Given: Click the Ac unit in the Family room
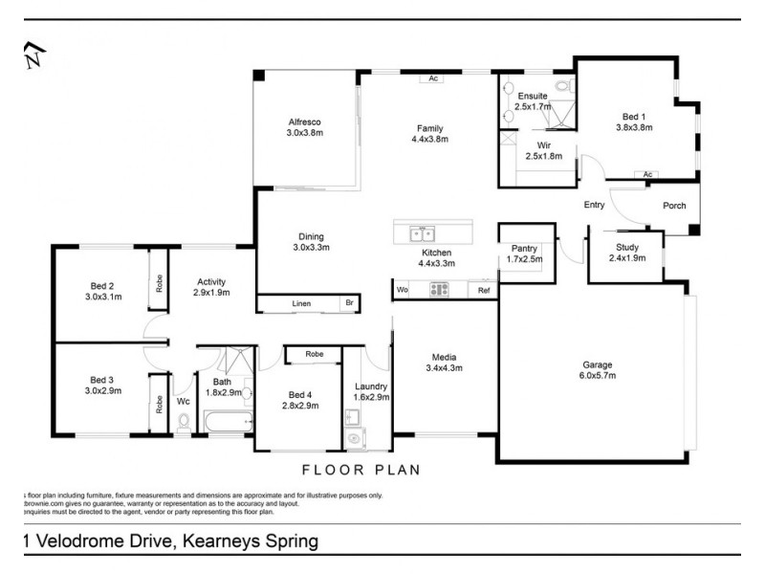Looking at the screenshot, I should click(433, 78).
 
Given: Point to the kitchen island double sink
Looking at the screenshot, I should click(421, 233).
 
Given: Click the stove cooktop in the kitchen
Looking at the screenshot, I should click(440, 289).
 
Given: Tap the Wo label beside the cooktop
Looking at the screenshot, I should click(403, 289).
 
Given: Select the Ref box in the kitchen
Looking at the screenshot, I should click(484, 289).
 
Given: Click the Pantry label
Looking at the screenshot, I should click(523, 248).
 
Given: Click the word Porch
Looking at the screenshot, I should click(675, 206).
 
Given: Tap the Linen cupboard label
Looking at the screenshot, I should click(301, 304).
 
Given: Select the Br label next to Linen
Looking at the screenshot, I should click(350, 304).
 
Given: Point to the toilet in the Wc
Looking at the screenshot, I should click(184, 420).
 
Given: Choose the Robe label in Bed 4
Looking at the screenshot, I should click(314, 354).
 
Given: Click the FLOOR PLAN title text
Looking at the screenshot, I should click(361, 470).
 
